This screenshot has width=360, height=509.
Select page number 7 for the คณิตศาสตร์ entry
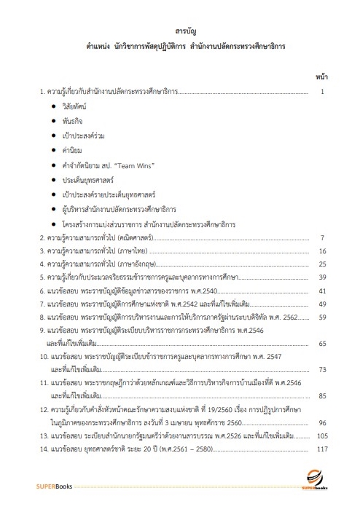[321, 237]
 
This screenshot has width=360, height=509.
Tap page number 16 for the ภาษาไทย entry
[321, 251]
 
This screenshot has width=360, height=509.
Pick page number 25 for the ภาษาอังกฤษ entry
[321, 264]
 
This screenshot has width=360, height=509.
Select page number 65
[321, 342]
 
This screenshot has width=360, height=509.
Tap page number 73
[321, 369]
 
